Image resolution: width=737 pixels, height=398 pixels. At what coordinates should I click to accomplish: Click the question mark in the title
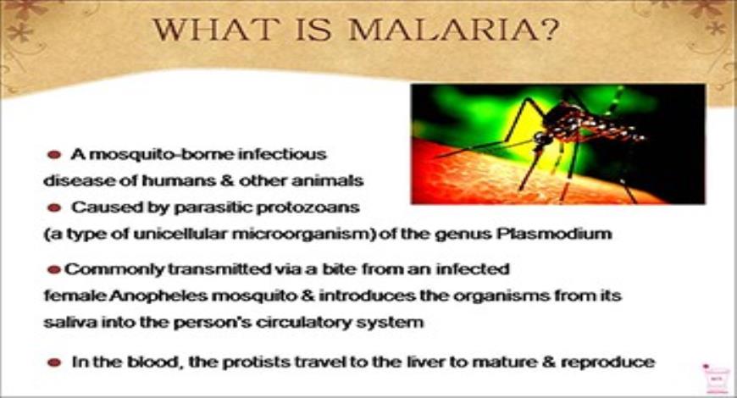pyautogui.click(x=546, y=32)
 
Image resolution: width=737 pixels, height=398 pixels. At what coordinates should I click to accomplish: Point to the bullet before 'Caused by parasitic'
pyautogui.click(x=54, y=207)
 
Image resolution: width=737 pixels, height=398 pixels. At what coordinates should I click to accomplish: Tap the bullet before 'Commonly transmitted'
pyautogui.click(x=54, y=270)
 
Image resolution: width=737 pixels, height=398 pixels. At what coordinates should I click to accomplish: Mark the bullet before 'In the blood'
pyautogui.click(x=54, y=362)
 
